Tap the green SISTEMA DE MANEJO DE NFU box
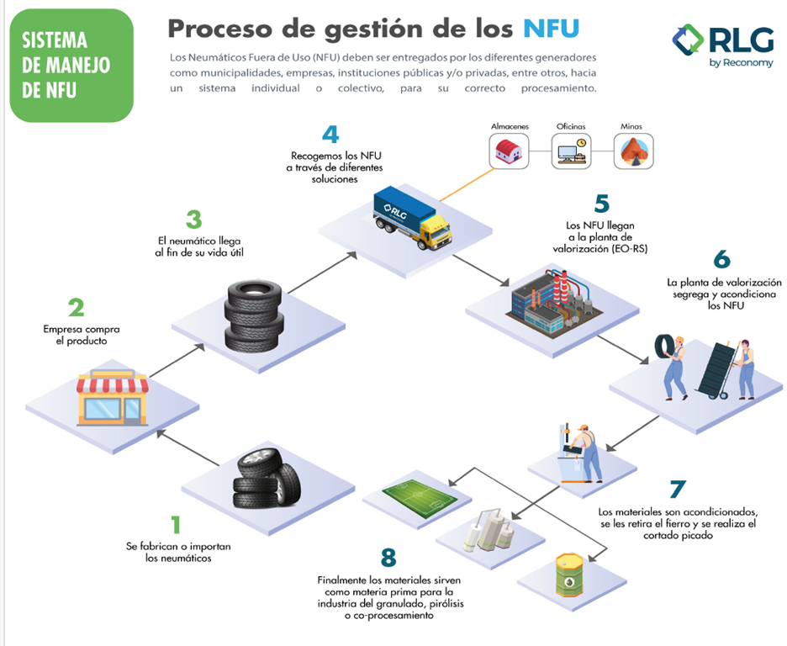71,65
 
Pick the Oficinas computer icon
572,152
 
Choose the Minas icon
633,152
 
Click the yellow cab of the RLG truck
434,230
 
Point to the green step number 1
176,525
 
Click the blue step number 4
330,135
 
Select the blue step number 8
388,557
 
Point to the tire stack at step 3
249,315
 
